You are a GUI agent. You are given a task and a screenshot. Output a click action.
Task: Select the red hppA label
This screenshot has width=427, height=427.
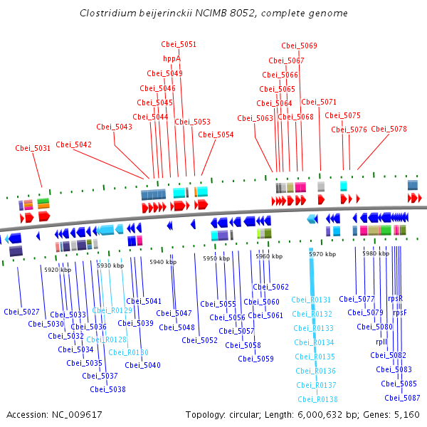pyautogui.click(x=172, y=59)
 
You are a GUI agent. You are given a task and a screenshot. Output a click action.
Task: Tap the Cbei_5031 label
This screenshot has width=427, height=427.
pyautogui.click(x=33, y=149)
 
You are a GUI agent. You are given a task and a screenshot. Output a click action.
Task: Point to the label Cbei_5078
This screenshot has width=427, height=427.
pyautogui.click(x=389, y=130)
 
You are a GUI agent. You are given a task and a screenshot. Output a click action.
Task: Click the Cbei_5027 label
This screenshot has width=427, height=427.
pyautogui.click(x=21, y=312)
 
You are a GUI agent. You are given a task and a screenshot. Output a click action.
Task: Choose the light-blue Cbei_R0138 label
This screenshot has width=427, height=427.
pyautogui.click(x=317, y=400)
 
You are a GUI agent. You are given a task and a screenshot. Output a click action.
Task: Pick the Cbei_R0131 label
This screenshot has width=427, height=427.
pyautogui.click(x=311, y=300)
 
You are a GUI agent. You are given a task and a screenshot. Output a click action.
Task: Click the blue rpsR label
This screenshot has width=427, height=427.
pyautogui.click(x=396, y=299)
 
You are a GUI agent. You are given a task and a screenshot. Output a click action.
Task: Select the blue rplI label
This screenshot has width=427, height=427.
pyautogui.click(x=381, y=342)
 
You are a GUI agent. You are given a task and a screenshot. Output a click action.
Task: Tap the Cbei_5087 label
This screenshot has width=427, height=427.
pyautogui.click(x=402, y=399)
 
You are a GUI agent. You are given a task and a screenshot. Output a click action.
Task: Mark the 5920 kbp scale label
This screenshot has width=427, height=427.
pyautogui.click(x=58, y=270)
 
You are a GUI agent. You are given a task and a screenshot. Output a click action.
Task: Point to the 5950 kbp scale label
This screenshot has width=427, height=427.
pyautogui.click(x=216, y=258)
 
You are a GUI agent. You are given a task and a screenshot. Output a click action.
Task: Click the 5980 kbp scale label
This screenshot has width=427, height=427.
pyautogui.click(x=375, y=253)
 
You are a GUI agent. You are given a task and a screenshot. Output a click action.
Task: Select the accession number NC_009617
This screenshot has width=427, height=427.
pyautogui.click(x=78, y=414)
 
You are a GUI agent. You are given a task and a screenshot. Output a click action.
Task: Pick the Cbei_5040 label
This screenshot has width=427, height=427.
pyautogui.click(x=142, y=366)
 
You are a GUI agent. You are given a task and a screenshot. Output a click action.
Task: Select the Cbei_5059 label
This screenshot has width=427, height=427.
pyautogui.click(x=255, y=359)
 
